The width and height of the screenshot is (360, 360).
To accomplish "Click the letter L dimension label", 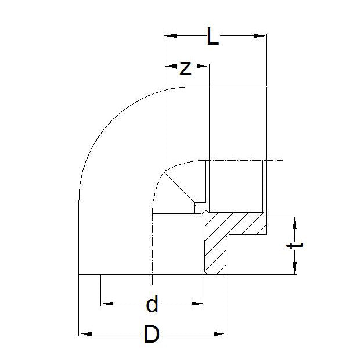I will [214, 38].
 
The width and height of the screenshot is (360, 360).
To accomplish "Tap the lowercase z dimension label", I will [185, 68].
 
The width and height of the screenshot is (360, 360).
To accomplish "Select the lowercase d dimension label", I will [152, 304].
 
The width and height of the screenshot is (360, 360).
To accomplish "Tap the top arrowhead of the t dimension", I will [295, 221].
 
